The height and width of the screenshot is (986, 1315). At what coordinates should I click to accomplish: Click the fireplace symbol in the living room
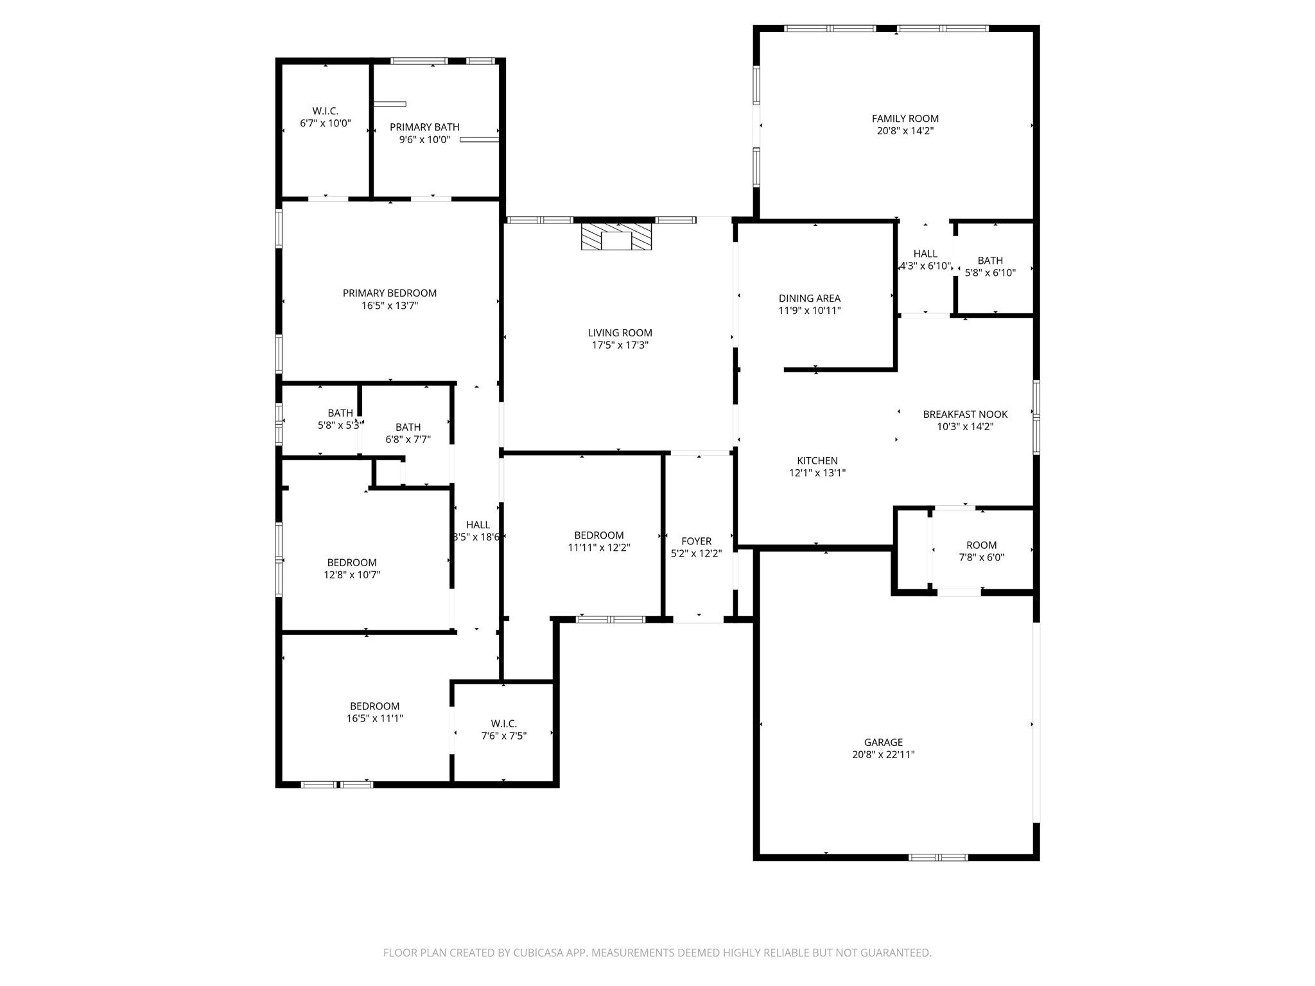[x=616, y=236]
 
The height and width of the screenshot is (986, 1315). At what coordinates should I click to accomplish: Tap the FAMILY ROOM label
[x=905, y=119]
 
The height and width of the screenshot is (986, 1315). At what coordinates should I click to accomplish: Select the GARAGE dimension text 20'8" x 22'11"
[x=883, y=755]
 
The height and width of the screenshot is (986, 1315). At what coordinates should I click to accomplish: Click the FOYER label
[x=696, y=541]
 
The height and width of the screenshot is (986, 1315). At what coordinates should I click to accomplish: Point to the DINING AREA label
[x=809, y=298]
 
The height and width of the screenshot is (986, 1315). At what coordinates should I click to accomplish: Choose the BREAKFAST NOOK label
[x=965, y=415]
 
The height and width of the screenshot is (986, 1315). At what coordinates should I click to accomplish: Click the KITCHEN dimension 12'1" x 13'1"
[x=817, y=473]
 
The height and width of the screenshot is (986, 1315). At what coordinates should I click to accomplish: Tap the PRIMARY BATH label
[x=424, y=127]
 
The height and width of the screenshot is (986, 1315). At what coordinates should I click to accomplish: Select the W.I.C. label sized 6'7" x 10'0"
[x=326, y=111]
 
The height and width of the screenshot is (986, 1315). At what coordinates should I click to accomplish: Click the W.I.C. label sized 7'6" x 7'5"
[x=503, y=723]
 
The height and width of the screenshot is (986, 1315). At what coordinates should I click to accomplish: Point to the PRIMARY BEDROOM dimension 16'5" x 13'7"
[x=390, y=306]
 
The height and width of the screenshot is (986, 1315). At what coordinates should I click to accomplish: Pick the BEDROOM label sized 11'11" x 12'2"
[x=598, y=535]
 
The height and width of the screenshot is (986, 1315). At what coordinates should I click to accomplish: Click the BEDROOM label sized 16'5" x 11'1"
[x=374, y=706]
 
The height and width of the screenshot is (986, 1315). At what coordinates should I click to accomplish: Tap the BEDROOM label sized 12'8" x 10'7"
[x=352, y=563]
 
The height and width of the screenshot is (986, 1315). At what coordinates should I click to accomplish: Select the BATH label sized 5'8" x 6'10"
[x=990, y=261]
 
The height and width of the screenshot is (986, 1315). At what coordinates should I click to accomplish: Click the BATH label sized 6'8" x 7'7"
[x=408, y=428]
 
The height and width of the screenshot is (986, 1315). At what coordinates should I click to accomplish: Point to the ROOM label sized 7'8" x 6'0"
[x=981, y=545]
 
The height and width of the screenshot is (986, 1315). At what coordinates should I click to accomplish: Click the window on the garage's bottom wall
[x=938, y=857]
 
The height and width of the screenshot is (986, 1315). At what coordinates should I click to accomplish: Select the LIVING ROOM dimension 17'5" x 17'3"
[x=620, y=345]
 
